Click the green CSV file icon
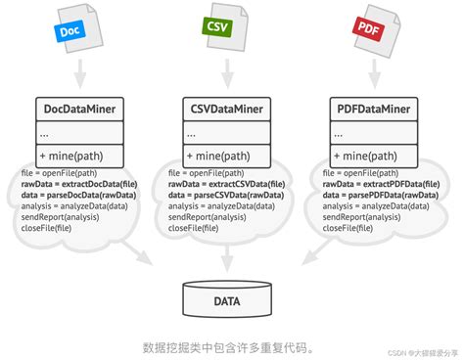(x=224, y=29)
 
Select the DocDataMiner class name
(x=82, y=109)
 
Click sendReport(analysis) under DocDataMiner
(x=59, y=216)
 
